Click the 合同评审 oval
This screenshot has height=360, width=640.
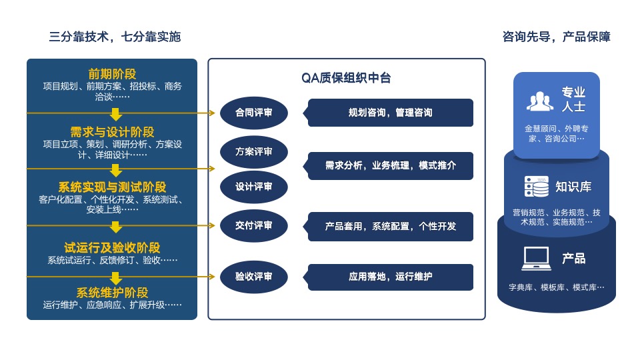click(254, 113)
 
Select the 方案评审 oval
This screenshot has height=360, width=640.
click(254, 152)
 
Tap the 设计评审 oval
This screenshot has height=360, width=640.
click(254, 187)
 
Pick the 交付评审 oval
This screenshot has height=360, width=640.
click(254, 226)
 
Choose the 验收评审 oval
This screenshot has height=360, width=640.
click(254, 276)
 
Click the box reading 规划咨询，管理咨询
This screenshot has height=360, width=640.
click(391, 113)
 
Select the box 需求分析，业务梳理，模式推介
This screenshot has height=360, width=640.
click(391, 165)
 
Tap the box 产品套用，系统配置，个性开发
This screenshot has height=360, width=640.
click(391, 226)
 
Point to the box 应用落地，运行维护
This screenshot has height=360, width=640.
click(391, 277)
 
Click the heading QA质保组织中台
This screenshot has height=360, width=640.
click(346, 79)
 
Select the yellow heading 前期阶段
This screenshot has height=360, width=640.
click(112, 74)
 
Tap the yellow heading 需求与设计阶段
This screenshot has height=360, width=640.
click(112, 132)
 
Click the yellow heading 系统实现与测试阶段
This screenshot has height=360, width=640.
click(112, 187)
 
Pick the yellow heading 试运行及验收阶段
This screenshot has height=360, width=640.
click(112, 248)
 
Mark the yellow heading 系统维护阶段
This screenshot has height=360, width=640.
click(112, 293)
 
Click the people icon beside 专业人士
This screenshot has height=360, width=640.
click(540, 100)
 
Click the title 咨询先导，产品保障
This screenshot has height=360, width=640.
click(556, 37)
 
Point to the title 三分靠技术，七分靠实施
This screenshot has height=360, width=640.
click(115, 37)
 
